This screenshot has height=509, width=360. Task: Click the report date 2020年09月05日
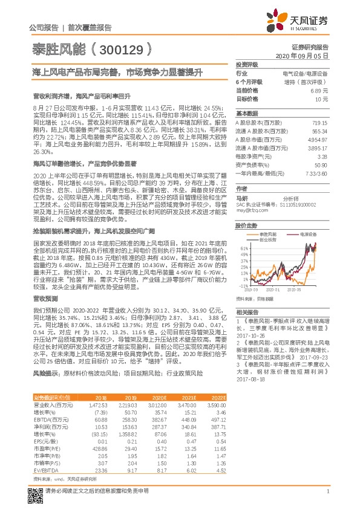click(x=306, y=55)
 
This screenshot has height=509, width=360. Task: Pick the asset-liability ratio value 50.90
click(x=321, y=164)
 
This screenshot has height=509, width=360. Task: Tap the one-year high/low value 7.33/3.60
click(x=317, y=173)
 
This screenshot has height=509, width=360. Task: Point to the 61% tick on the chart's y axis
click(x=243, y=248)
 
